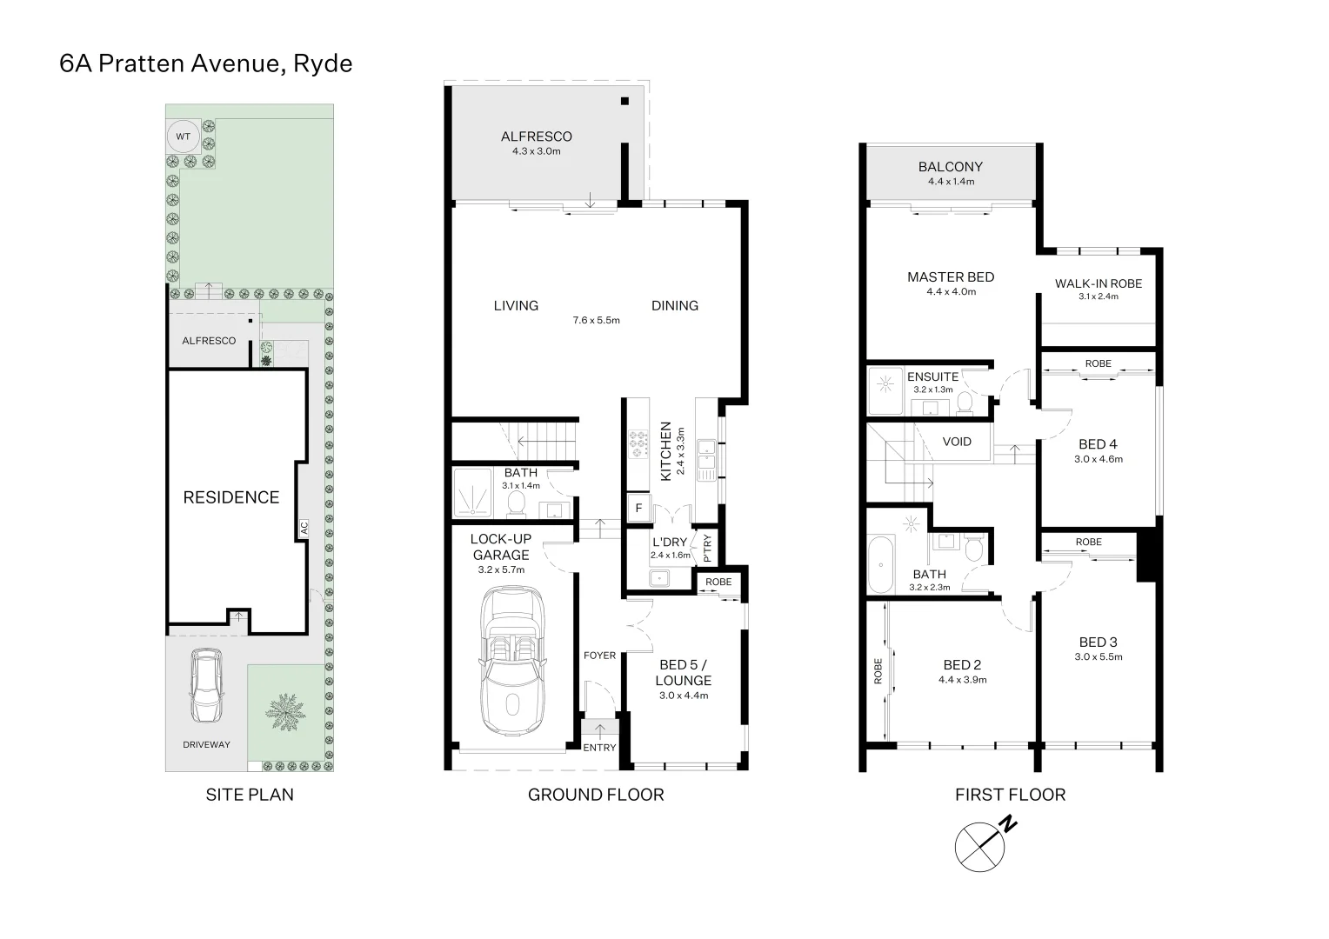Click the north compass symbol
[x=980, y=844]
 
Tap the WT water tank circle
[x=183, y=137]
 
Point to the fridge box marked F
[x=638, y=508]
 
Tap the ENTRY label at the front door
[x=599, y=748]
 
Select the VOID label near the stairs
[x=957, y=442]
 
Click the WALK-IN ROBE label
[x=1098, y=283]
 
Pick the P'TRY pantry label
[x=707, y=548]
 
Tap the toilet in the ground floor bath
[x=515, y=503]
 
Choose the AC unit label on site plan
[x=304, y=527]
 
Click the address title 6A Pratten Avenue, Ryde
[x=206, y=63]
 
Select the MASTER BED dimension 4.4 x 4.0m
[x=951, y=292]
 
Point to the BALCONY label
[x=950, y=167]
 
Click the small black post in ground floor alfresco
[x=624, y=102]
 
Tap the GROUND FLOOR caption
[x=596, y=794]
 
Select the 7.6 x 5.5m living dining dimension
[x=596, y=320]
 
